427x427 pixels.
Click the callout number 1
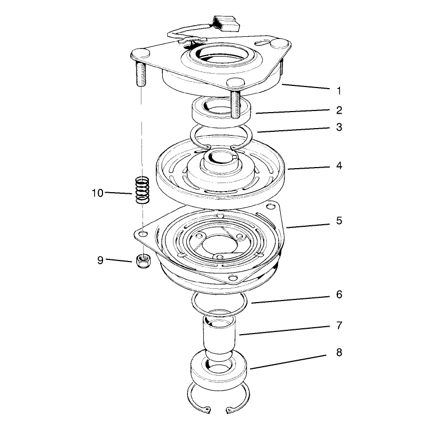[x=339, y=91]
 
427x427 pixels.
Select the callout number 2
[x=339, y=110]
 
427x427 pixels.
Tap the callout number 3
[x=339, y=127]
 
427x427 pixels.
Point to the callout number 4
[x=339, y=165]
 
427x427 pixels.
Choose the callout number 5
[x=339, y=220]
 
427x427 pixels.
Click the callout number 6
[x=339, y=295]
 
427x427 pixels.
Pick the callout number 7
[x=339, y=326]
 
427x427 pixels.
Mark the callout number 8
[x=339, y=352]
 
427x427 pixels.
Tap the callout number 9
[x=100, y=260]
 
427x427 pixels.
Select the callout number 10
[x=98, y=193]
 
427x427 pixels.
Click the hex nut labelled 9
[x=143, y=261]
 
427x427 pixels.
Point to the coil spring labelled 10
[x=143, y=190]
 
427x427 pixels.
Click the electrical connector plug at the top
[x=226, y=23]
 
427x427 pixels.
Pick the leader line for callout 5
[x=308, y=226]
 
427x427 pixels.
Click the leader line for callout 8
[x=288, y=362]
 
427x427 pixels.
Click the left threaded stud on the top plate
[x=140, y=74]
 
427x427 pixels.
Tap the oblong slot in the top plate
[x=263, y=43]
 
